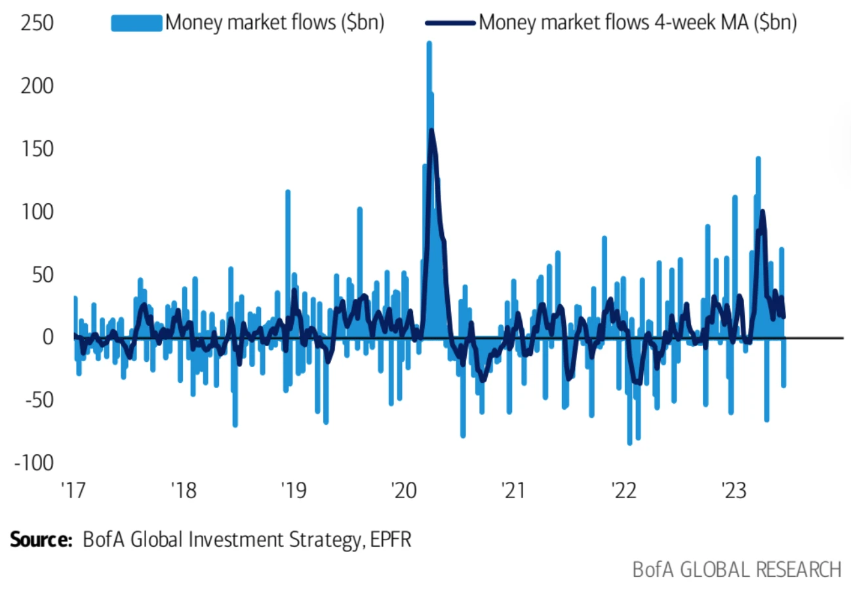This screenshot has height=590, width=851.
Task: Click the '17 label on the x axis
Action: click(74, 490)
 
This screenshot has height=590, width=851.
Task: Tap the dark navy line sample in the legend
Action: click(450, 23)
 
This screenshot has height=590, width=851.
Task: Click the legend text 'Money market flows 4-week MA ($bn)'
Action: click(638, 23)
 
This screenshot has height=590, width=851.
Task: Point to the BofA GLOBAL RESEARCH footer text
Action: click(736, 568)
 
